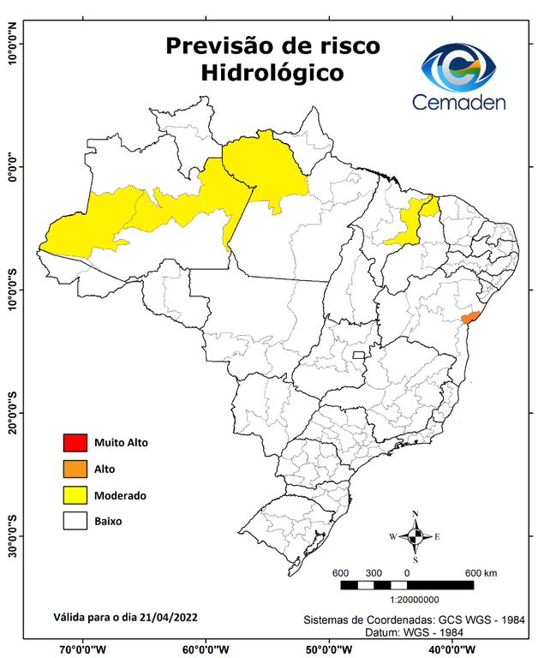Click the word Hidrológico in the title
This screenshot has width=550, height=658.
tap(272, 74)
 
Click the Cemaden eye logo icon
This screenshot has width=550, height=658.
tap(463, 68)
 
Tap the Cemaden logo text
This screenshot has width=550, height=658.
tap(459, 102)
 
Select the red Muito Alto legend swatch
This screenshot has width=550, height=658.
tap(75, 443)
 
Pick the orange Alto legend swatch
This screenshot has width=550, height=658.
tap(75, 469)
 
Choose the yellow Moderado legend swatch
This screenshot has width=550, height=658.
tap(75, 494)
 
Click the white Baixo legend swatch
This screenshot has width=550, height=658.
tap(75, 520)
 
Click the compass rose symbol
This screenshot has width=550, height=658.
tap(415, 537)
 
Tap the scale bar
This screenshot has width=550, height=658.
tap(407, 585)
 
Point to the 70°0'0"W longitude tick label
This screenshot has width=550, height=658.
tap(83, 649)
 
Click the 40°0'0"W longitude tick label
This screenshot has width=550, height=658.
tap(453, 649)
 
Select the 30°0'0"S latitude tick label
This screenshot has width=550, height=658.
tap(13, 536)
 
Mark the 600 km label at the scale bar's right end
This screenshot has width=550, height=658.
tap(482, 573)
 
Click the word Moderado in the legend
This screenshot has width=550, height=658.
tap(121, 495)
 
